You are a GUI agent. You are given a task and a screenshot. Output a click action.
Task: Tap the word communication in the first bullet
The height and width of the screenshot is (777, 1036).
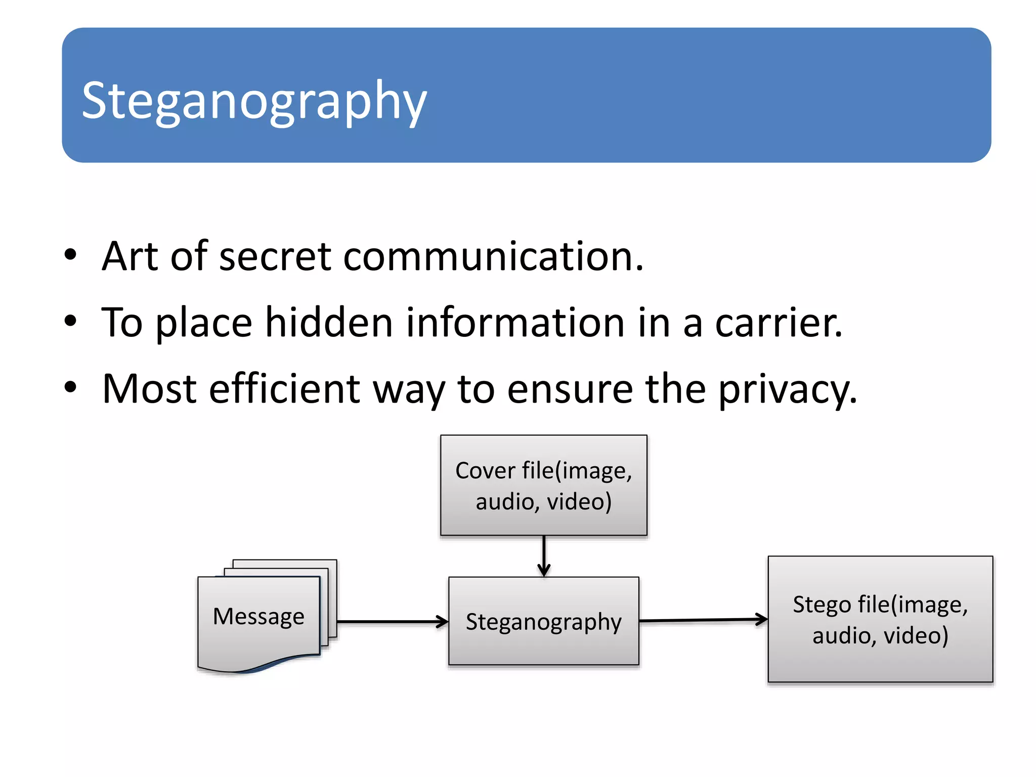[493, 256]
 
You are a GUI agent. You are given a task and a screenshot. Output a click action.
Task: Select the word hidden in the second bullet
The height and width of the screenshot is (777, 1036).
[329, 323]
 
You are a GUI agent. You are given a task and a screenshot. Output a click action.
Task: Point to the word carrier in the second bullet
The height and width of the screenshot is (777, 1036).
[779, 323]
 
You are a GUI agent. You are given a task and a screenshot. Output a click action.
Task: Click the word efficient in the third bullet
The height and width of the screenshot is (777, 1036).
[285, 388]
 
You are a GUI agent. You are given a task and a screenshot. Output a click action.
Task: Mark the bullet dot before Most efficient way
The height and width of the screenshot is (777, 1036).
[70, 387]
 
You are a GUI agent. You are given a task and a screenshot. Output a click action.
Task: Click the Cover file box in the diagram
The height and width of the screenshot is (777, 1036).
[543, 485]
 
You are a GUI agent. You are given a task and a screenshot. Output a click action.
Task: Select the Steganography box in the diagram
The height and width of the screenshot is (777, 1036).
[543, 621]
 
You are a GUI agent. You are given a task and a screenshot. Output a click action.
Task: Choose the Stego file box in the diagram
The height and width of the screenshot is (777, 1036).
[880, 619]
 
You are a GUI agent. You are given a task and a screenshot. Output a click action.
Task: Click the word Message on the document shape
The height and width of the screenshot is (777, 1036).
[258, 617]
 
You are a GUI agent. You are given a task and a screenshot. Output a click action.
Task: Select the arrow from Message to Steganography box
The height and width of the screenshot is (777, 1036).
[392, 622]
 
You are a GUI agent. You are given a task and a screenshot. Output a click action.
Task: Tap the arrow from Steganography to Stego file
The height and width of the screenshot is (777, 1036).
[703, 620]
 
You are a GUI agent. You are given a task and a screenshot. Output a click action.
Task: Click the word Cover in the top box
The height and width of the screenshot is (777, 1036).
[485, 470]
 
